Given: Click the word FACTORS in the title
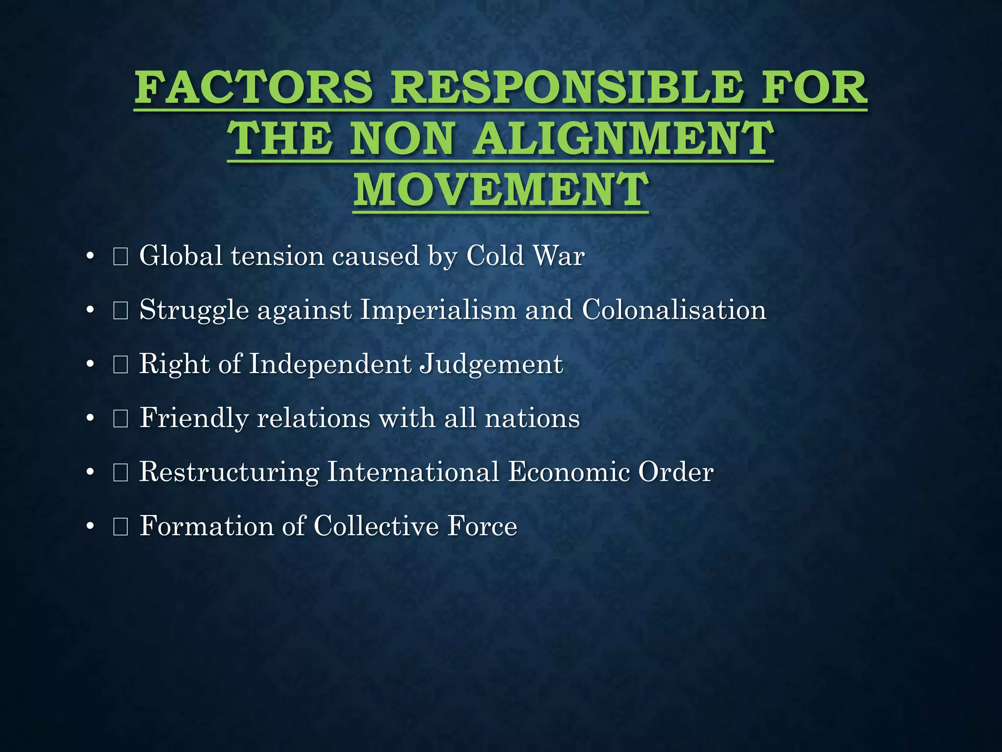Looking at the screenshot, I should point(254,88).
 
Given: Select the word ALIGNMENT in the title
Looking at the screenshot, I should point(624,139).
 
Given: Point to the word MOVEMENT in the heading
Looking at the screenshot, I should point(501,189).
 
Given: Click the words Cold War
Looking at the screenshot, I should point(525,256).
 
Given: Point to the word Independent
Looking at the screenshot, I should point(330,364).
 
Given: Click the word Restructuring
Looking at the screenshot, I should point(229,472).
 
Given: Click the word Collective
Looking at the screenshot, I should point(376,526).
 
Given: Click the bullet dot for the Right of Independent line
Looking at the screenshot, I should point(90,365).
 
